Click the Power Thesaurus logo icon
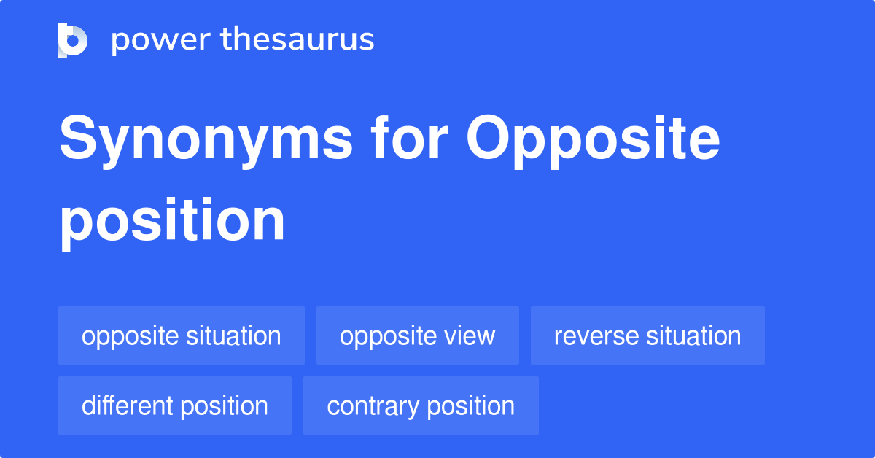tap(73, 40)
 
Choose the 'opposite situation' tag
tap(182, 335)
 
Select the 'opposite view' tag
tap(418, 335)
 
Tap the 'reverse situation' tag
tap(647, 335)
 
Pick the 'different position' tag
tap(175, 405)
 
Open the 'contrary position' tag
tap(421, 405)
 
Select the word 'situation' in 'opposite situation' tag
tap(233, 335)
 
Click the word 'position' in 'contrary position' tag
tap(470, 405)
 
